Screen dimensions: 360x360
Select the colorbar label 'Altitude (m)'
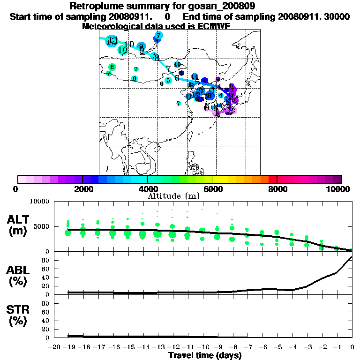pos(173,195)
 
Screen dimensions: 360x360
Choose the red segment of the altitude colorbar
pos(272,179)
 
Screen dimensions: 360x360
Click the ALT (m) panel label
pos(18,225)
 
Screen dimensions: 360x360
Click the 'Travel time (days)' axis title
pos(205,355)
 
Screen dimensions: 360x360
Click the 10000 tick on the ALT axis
pos(39,202)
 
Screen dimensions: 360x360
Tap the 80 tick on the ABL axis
pos(46,260)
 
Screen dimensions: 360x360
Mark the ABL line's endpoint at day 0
pos(352,257)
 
